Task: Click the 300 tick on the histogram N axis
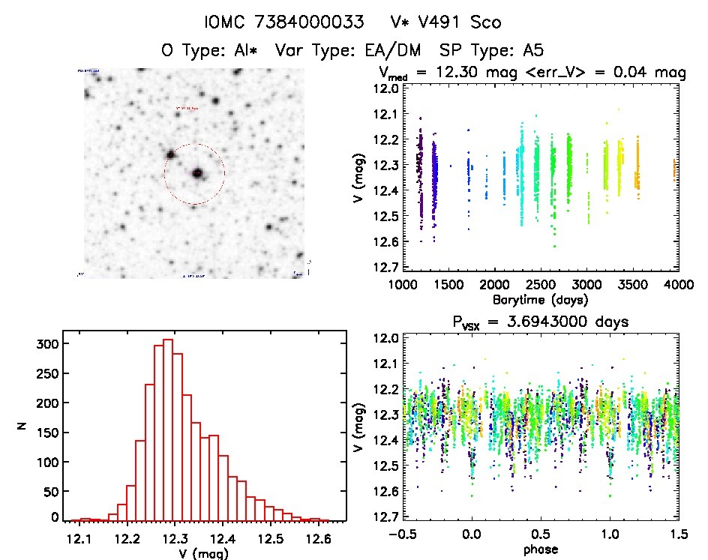tap(44, 343)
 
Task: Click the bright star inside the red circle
tap(198, 173)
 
